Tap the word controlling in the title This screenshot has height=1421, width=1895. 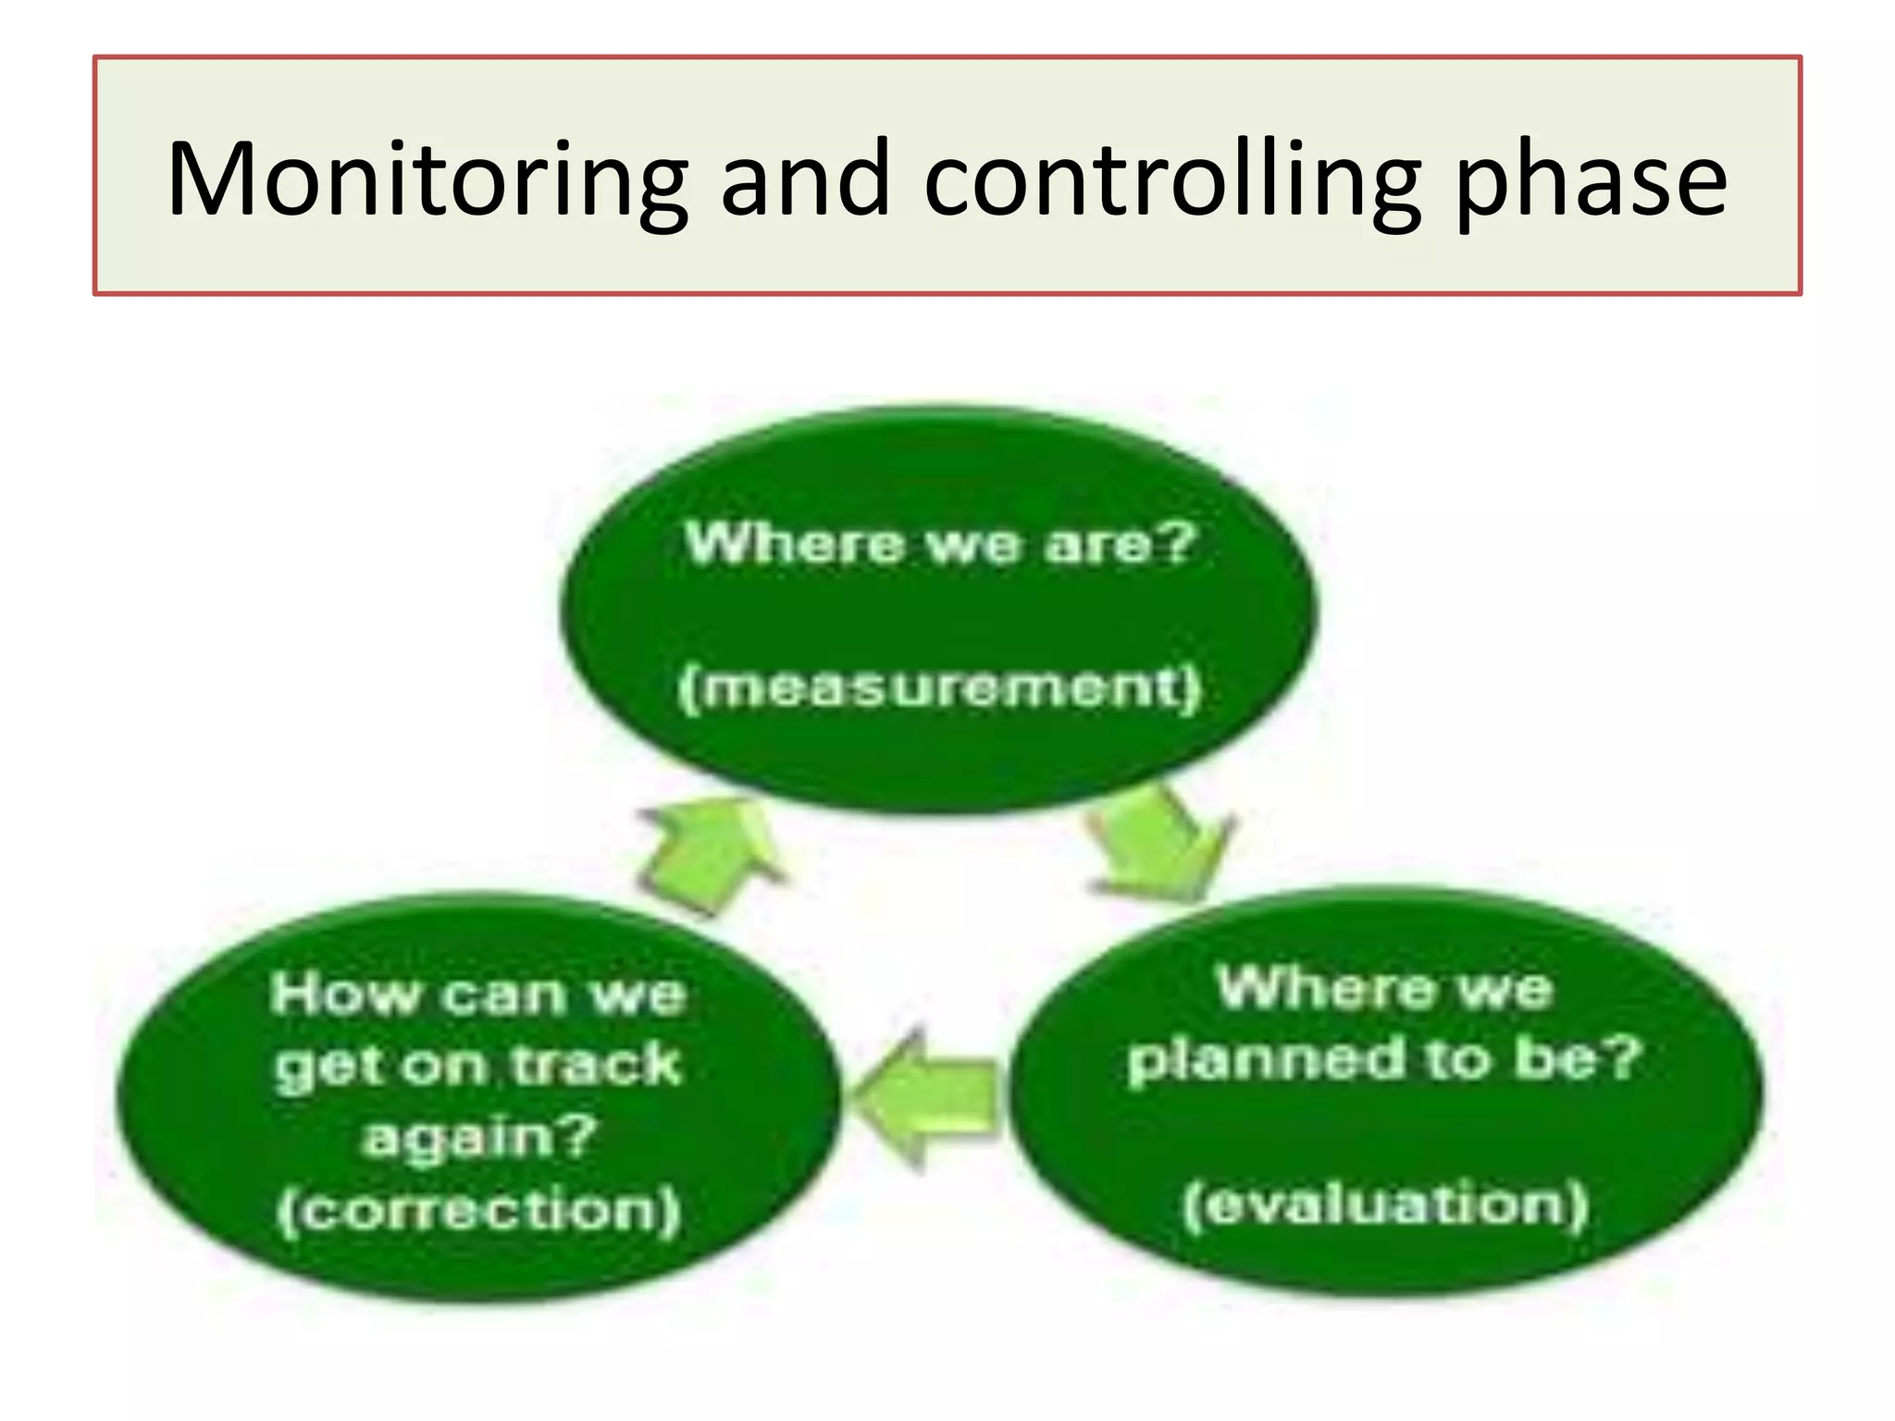[1170, 180]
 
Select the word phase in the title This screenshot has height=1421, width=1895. [1590, 180]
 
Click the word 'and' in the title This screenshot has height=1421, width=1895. [805, 180]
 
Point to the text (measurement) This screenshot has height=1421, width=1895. [939, 688]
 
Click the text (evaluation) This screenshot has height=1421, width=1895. [1385, 1205]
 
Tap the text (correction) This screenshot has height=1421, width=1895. [479, 1210]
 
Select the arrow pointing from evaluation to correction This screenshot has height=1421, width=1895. [925, 1099]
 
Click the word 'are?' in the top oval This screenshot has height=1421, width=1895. [1121, 544]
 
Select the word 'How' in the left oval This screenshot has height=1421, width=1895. [344, 995]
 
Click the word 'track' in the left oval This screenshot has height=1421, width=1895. [597, 1066]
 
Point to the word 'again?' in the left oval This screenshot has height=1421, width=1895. [479, 1138]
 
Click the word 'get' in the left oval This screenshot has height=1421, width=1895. [318, 1069]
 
